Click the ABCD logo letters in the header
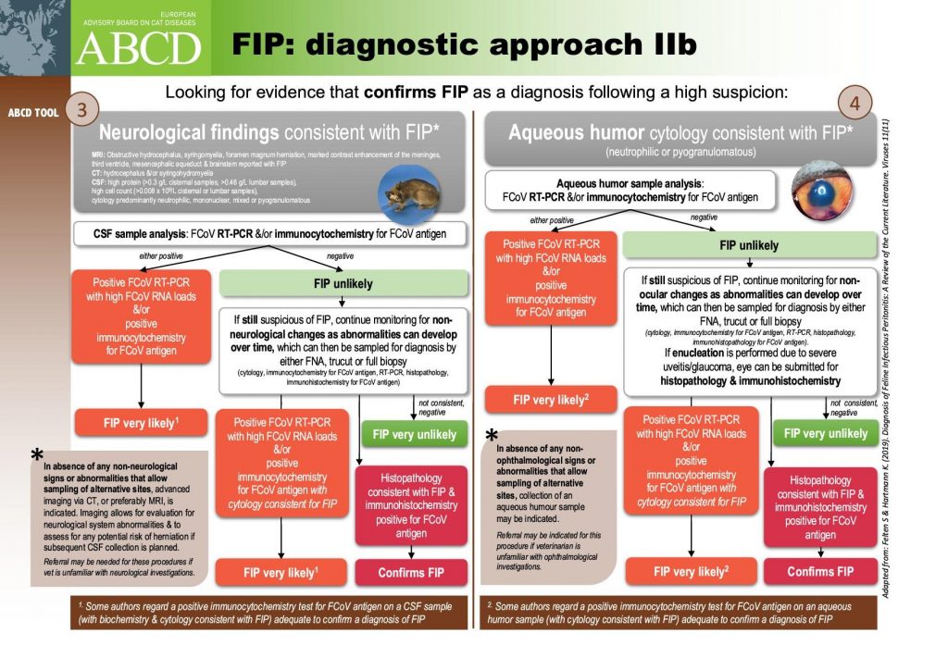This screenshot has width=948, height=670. click(138, 46)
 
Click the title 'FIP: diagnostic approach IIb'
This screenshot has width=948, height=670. click(463, 43)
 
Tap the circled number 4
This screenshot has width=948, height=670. click(854, 103)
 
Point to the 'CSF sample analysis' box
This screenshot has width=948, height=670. click(268, 234)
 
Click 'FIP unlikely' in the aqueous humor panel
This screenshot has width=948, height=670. click(749, 245)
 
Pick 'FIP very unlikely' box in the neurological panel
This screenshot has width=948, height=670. click(414, 434)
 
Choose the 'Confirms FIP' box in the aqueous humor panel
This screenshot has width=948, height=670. click(819, 571)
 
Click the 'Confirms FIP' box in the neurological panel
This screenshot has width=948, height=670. click(411, 573)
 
